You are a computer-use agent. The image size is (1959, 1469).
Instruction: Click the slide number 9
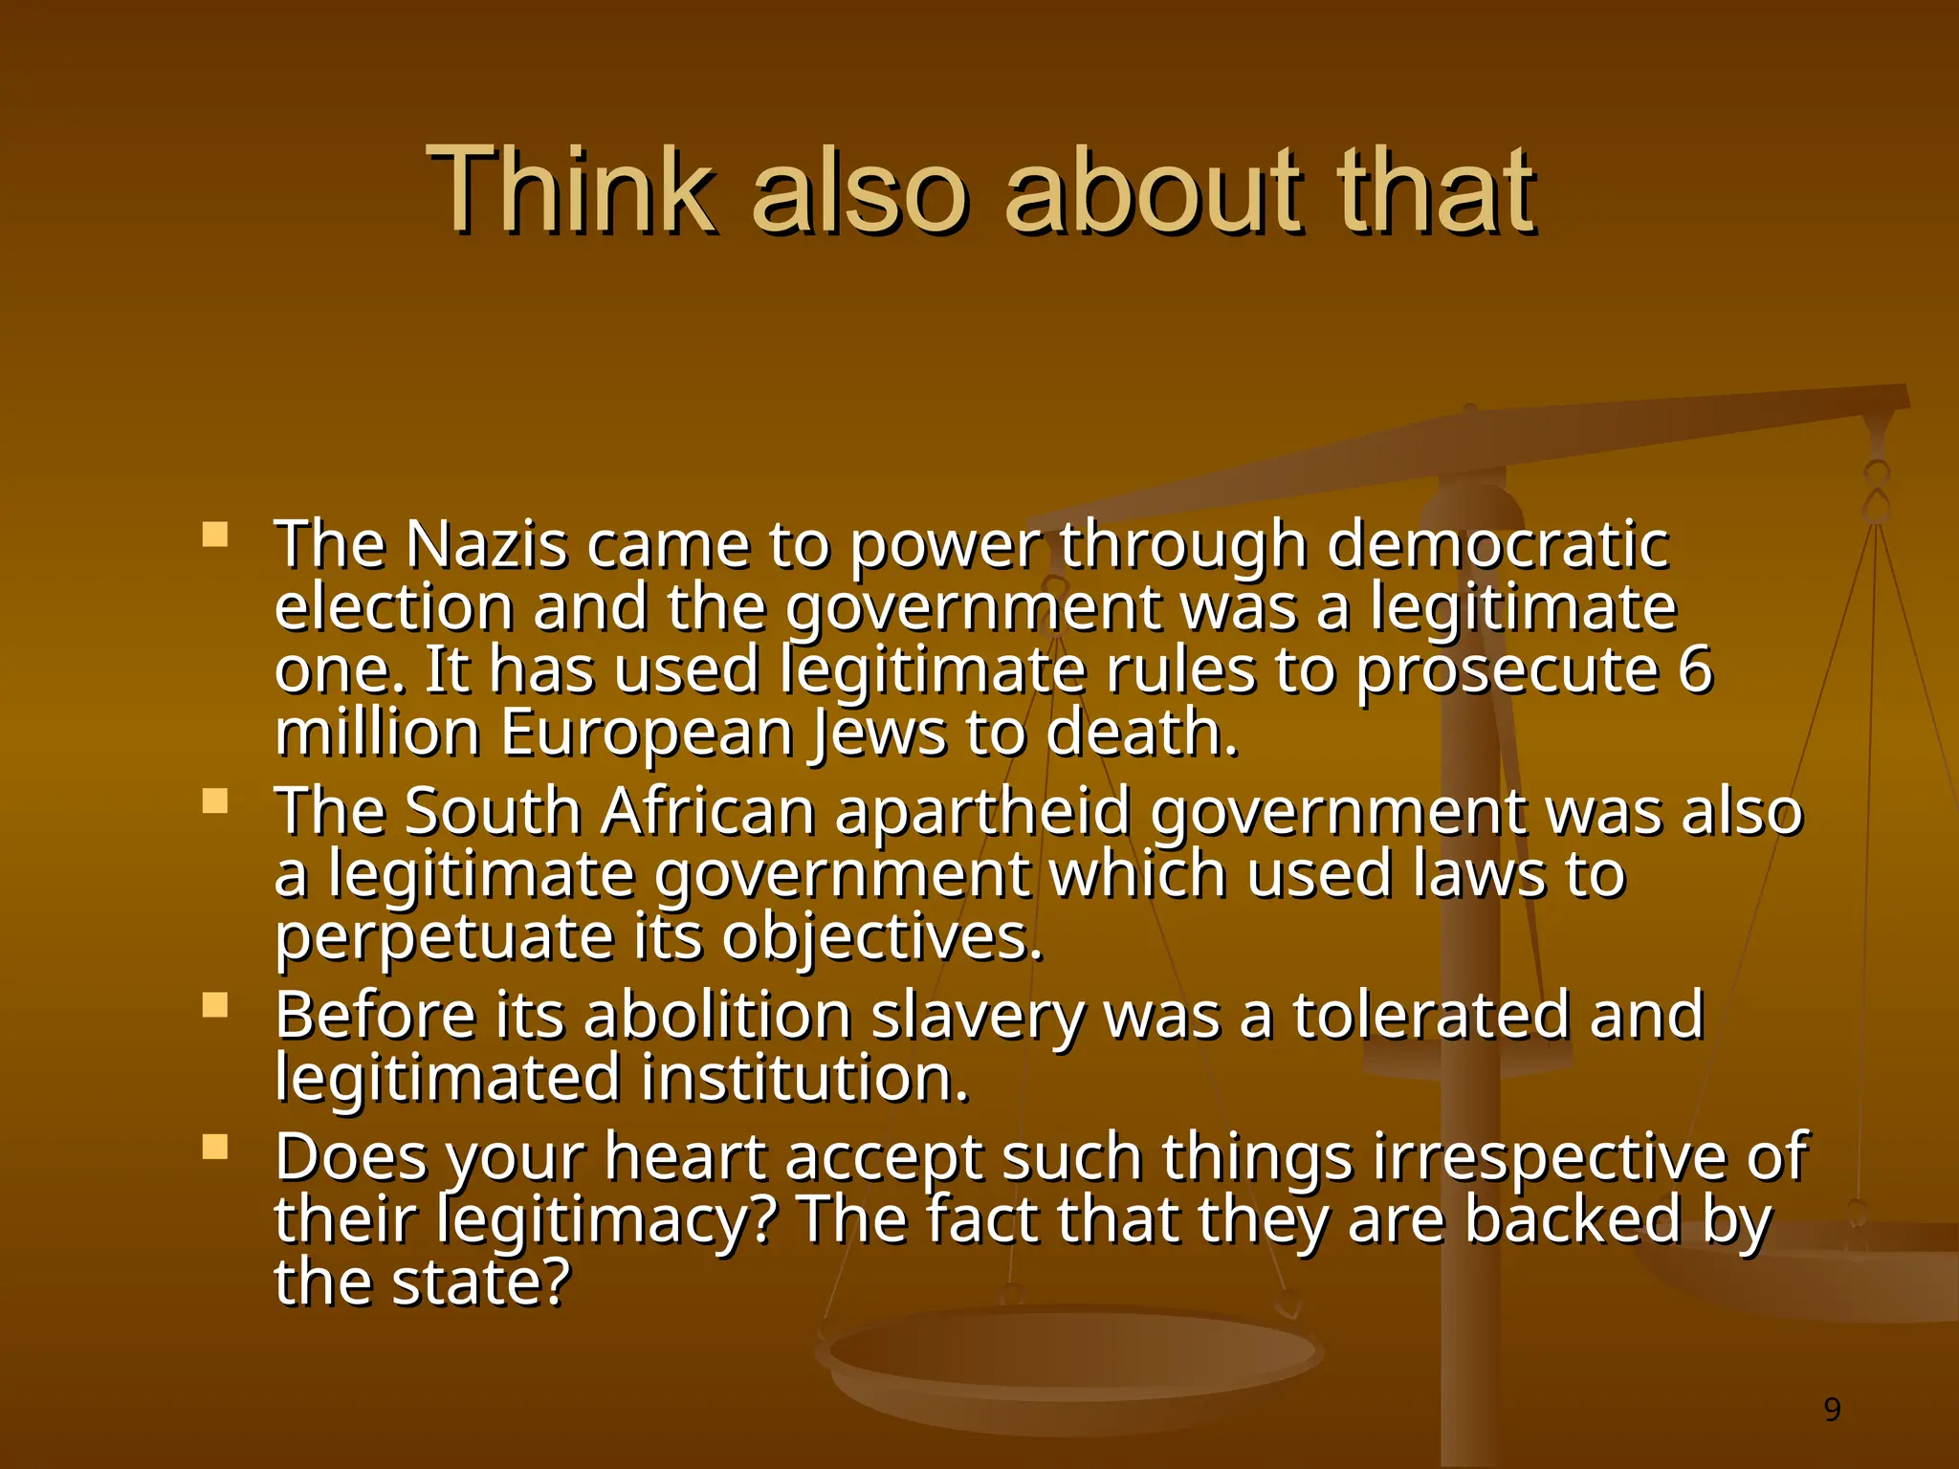tap(1832, 1409)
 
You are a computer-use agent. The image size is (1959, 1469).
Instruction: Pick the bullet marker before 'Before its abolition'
tap(215, 1004)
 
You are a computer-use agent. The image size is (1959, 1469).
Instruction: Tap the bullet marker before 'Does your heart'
tap(215, 1146)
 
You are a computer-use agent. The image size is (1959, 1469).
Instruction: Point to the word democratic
tap(1497, 545)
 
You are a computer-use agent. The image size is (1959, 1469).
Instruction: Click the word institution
tap(804, 1079)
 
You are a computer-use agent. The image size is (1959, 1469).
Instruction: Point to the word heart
tap(685, 1157)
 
